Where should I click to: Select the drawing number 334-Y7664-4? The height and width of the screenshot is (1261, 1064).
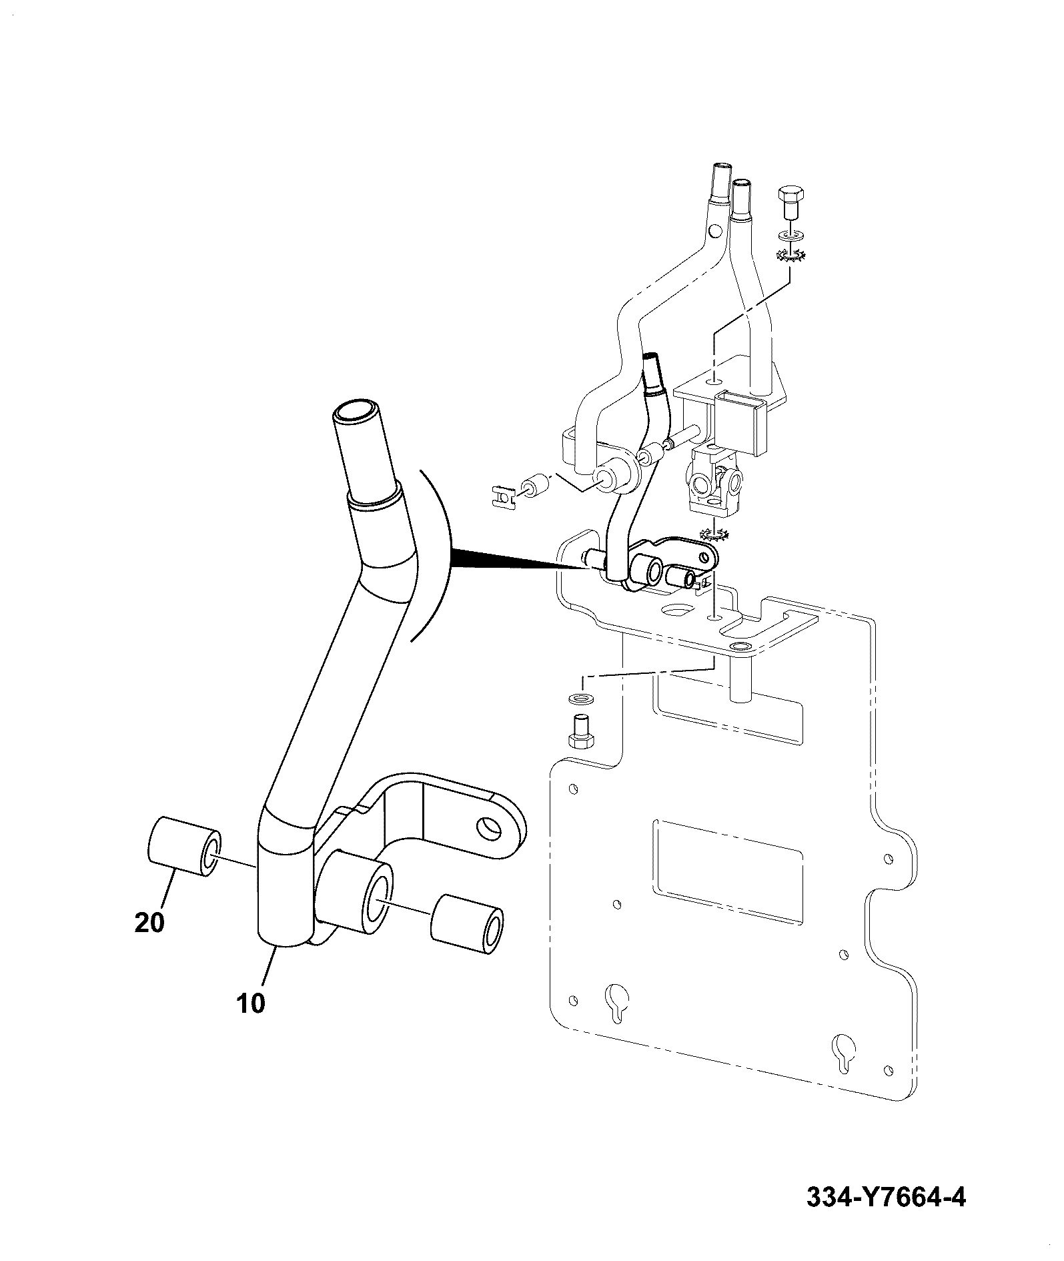886,1198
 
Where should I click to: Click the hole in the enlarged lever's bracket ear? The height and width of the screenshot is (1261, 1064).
489,828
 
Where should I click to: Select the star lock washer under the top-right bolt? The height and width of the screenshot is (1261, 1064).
790,254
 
